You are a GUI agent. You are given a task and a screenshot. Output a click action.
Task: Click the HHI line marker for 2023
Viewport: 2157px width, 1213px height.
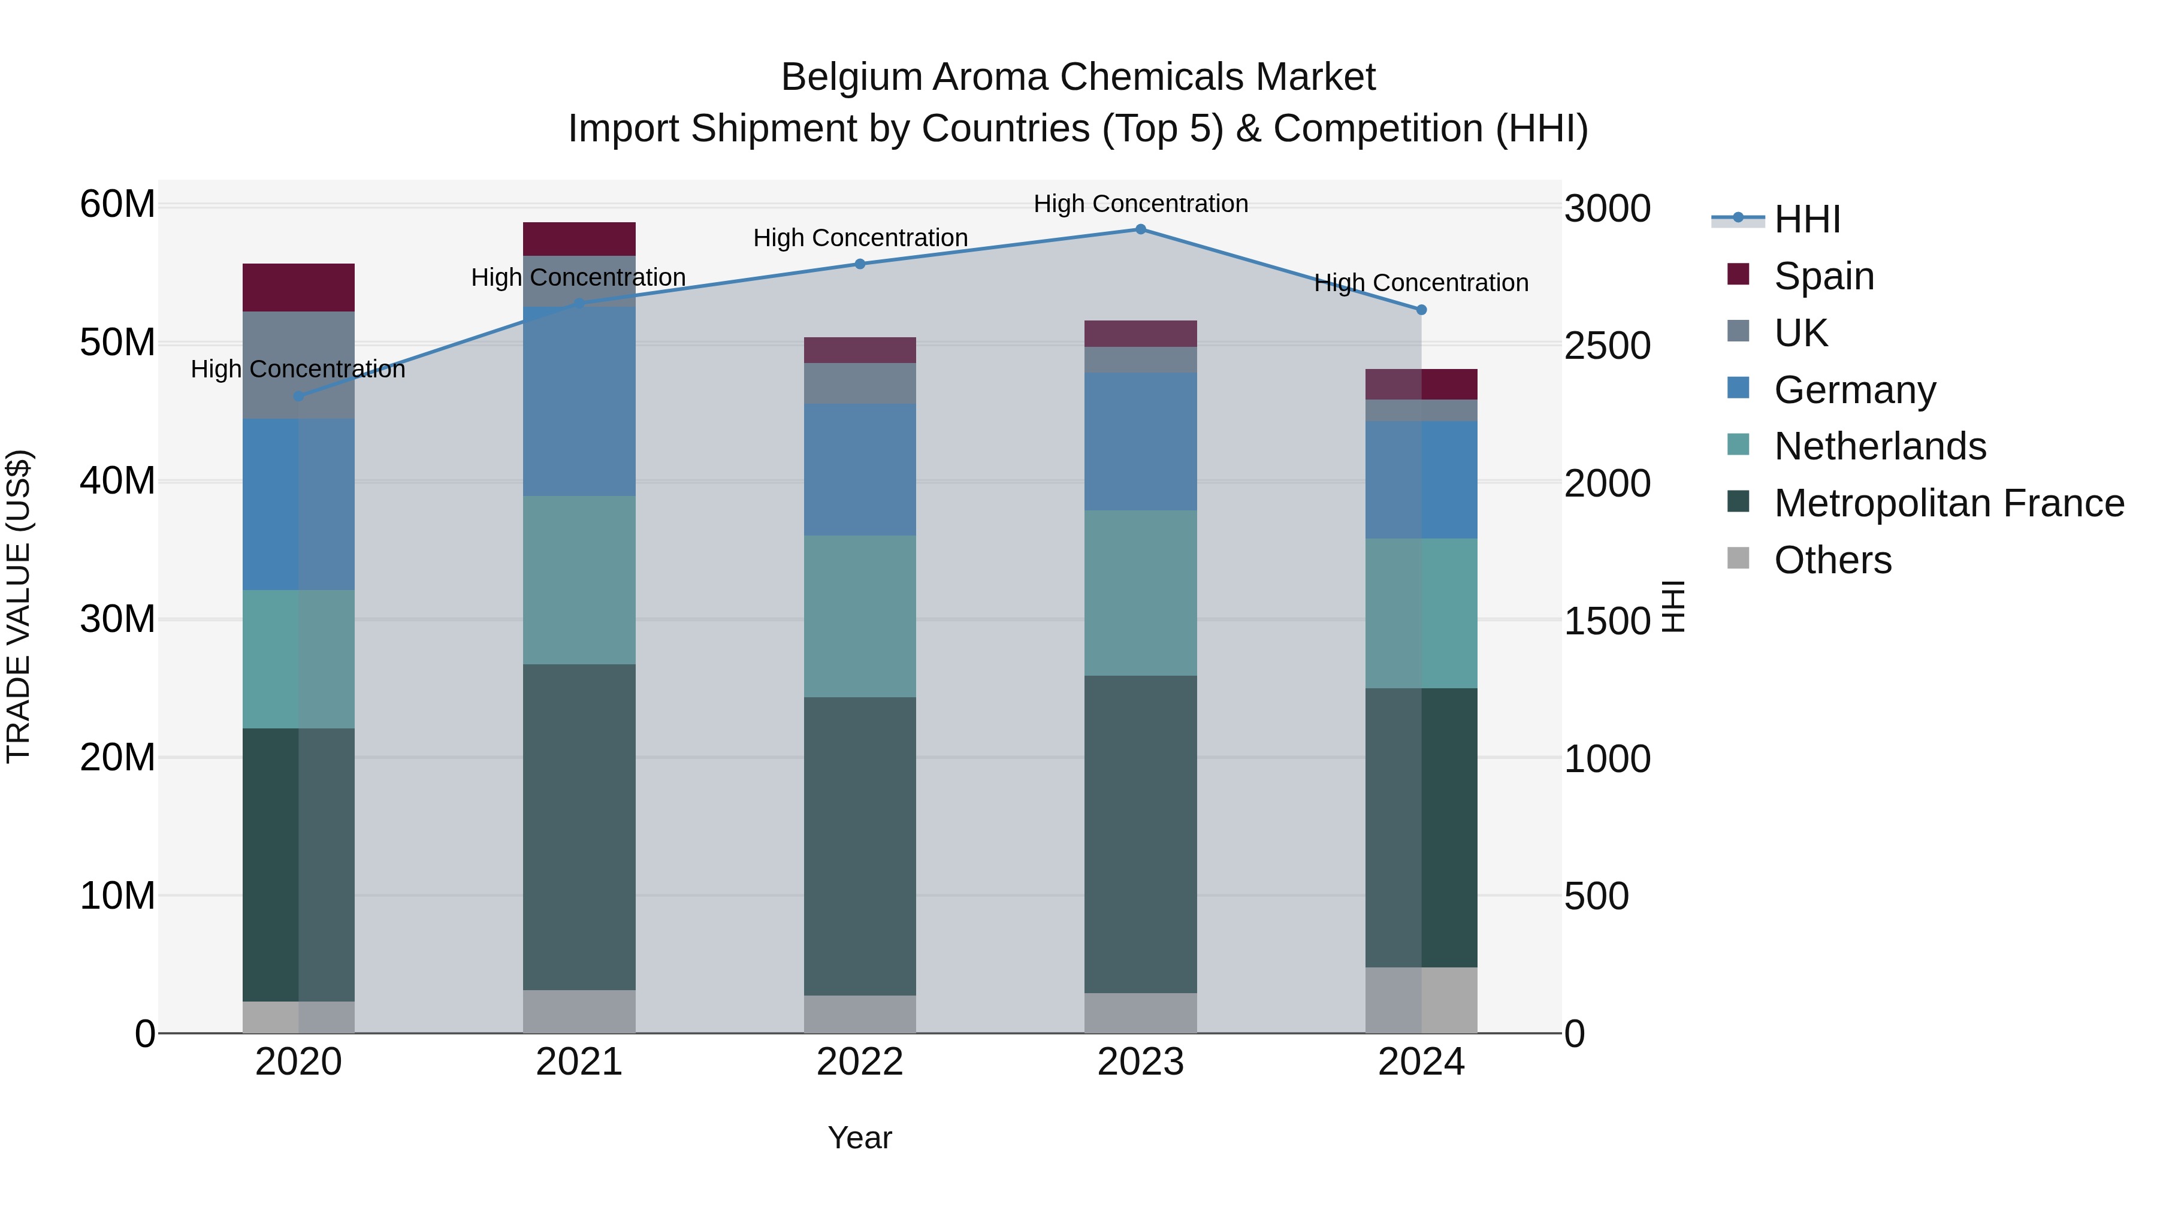click(1140, 229)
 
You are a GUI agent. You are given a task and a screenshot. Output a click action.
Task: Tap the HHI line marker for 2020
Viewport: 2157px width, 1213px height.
click(298, 396)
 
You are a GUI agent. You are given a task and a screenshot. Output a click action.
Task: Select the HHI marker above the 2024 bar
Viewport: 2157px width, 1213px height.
click(1421, 310)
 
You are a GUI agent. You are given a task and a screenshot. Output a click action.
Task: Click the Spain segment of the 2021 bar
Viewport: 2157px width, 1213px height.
click(579, 238)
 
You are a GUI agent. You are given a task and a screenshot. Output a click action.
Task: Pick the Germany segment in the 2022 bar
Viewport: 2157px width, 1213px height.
click(859, 470)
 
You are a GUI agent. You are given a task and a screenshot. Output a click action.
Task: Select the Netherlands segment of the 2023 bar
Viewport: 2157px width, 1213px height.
click(1140, 592)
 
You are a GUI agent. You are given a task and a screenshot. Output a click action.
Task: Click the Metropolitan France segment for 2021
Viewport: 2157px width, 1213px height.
click(579, 827)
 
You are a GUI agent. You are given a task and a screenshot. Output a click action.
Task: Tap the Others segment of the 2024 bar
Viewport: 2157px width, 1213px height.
click(1421, 1000)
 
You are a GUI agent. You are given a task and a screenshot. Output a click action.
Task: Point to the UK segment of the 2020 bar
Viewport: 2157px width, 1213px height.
click(298, 365)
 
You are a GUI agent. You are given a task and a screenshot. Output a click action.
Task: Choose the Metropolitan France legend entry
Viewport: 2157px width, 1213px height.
click(1948, 503)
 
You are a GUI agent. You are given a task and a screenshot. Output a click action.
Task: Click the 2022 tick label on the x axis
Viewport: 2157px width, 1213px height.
click(859, 1062)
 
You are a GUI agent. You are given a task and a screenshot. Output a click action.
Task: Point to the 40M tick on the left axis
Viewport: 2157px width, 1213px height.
click(117, 482)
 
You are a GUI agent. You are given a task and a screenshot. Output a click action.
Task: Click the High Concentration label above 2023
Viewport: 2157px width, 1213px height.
click(1140, 204)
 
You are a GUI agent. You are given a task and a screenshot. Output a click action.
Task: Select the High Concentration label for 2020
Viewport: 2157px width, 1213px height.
click(298, 369)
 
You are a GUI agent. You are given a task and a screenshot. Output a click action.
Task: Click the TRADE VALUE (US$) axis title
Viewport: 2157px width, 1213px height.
click(19, 606)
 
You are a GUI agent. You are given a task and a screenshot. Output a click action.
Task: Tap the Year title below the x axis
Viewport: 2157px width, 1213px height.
click(859, 1138)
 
